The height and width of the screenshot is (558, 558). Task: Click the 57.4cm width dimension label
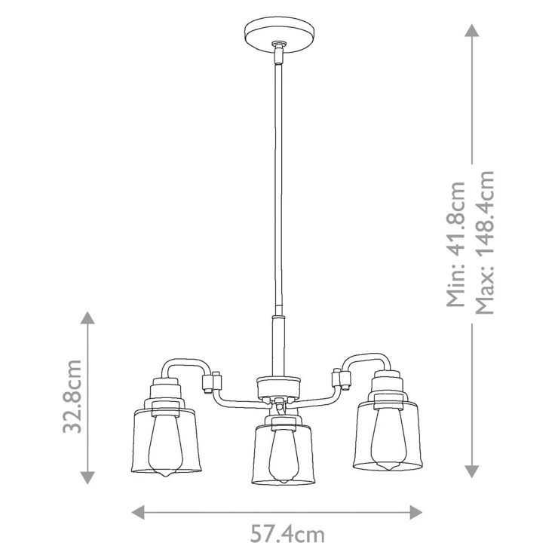[287, 534]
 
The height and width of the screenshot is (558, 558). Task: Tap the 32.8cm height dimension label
[72, 396]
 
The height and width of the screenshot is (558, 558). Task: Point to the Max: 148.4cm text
[485, 243]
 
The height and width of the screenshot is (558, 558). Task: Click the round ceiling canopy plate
[280, 36]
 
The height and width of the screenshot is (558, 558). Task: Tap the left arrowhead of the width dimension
[138, 513]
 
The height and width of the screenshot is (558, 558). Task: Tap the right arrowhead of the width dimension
[415, 513]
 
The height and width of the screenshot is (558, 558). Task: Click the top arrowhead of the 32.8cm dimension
[87, 317]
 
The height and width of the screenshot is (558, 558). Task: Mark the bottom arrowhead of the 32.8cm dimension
[87, 477]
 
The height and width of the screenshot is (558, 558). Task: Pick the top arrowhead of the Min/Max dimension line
[472, 31]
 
